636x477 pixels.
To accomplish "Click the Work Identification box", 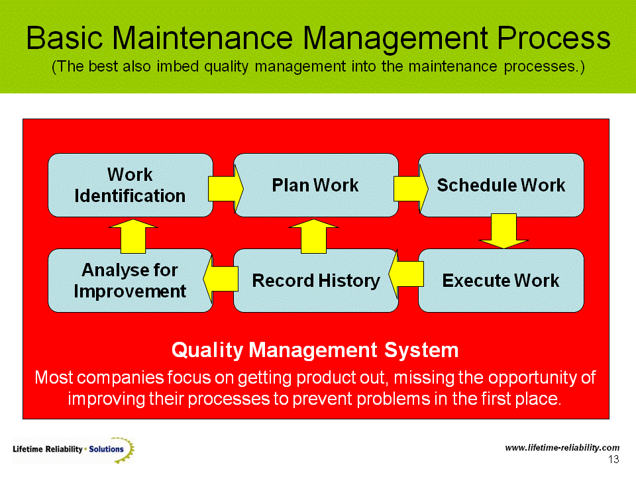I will click(130, 185).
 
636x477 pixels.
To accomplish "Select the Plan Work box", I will click(315, 185).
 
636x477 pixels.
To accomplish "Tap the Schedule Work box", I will click(501, 185).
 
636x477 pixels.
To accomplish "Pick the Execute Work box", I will click(501, 281).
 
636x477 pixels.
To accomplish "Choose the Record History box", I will click(315, 281).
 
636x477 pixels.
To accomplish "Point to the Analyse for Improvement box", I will click(130, 281).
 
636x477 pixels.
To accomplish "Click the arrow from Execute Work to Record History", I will click(406, 277).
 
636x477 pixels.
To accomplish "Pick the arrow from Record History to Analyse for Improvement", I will click(221, 277).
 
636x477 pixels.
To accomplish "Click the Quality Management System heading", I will click(315, 349).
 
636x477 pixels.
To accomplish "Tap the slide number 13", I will click(613, 460).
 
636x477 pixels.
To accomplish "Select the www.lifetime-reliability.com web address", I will click(562, 448).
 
